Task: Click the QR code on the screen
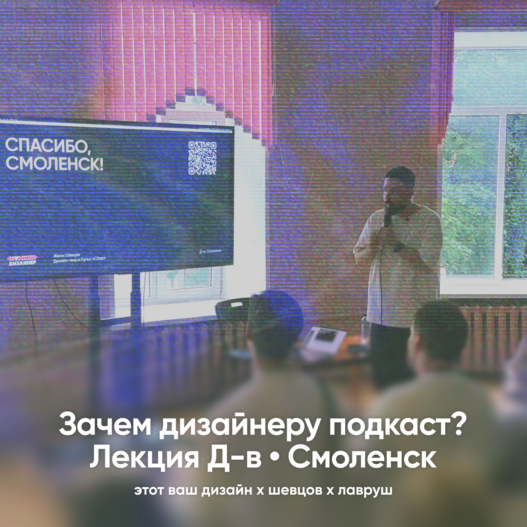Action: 202,158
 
